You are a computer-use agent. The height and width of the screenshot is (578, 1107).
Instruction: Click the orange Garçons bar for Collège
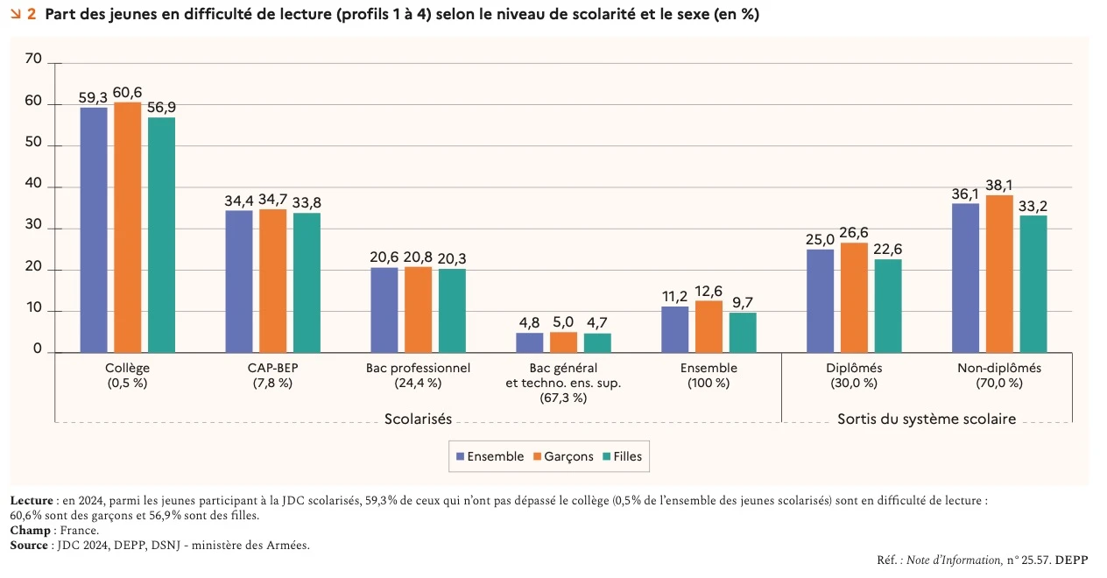coord(127,227)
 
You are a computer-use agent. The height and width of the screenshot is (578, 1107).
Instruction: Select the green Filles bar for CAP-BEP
coord(306,282)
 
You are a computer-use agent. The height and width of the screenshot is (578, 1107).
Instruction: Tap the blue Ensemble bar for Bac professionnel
coord(384,309)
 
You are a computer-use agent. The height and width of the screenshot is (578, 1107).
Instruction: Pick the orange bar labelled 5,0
coord(563,342)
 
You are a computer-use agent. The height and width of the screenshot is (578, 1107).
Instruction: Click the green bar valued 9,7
coord(743,332)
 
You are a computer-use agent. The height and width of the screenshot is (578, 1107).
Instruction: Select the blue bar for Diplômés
coord(820,300)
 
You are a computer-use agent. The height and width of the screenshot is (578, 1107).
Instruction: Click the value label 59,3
coord(93,97)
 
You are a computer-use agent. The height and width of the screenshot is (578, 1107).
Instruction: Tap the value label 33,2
coord(1033,206)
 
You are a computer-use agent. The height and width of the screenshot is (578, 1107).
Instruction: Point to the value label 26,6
coord(854,233)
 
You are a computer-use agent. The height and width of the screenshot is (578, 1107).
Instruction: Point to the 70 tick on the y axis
coord(34,60)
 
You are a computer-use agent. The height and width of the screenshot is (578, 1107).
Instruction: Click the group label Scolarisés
coord(418,419)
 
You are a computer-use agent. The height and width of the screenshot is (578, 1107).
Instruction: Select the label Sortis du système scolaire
coord(927,419)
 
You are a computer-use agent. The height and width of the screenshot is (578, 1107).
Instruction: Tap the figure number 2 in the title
coord(32,15)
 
